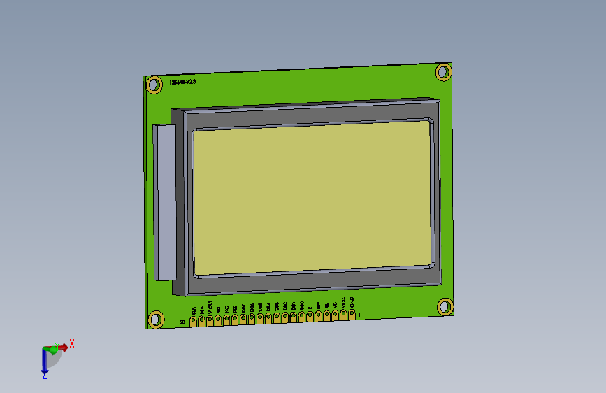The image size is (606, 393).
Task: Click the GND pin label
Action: [352, 301]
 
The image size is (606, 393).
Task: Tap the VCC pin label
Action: [343, 303]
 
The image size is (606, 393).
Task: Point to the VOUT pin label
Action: [210, 307]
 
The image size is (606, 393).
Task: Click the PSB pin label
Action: [235, 308]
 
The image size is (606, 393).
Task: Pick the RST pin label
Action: [218, 308]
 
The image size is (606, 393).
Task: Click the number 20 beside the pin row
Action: [182, 322]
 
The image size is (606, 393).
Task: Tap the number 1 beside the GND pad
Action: [359, 314]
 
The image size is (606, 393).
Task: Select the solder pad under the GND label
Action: [352, 312]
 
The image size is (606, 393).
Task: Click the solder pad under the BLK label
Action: [193, 321]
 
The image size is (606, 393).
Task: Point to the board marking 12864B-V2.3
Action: [182, 82]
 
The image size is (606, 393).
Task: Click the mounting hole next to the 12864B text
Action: [154, 85]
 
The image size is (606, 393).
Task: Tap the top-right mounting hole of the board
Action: [443, 71]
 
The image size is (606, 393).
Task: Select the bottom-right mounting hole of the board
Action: [445, 306]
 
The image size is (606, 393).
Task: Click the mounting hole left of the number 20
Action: [154, 320]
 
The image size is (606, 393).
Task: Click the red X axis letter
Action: [71, 343]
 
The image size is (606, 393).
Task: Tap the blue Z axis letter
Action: [44, 376]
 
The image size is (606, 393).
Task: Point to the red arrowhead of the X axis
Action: [64, 347]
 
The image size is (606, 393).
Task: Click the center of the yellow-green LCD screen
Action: [312, 199]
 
